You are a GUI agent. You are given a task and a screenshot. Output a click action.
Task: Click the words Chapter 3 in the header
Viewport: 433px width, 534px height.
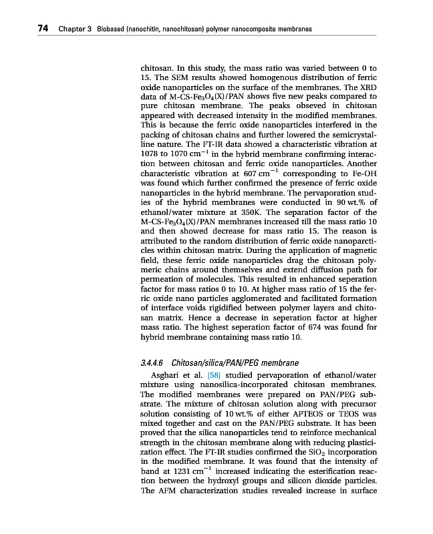tap(74, 29)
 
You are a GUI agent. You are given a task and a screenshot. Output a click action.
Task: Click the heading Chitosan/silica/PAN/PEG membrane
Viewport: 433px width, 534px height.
tap(235, 363)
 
